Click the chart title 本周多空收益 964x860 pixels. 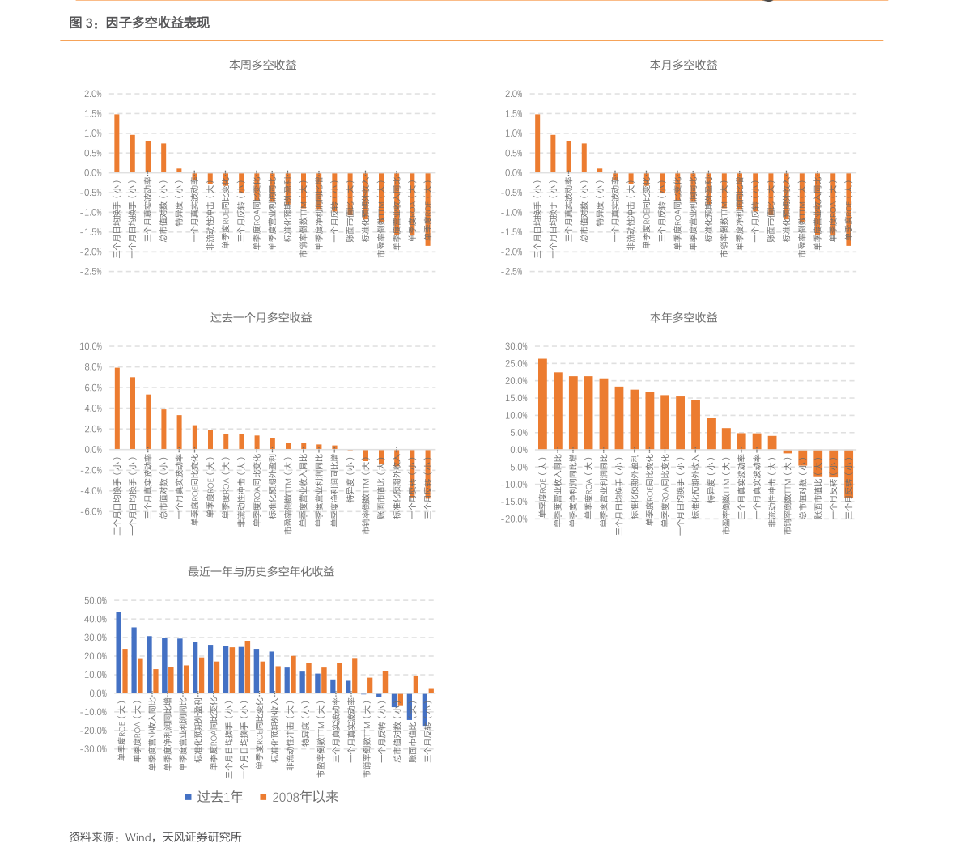point(262,65)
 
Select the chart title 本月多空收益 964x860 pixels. point(683,65)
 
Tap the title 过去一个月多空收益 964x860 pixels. point(261,318)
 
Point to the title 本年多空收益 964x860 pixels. point(683,318)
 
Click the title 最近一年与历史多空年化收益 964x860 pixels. point(261,572)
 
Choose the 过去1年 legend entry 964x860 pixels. point(214,797)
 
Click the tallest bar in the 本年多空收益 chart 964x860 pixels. point(542,404)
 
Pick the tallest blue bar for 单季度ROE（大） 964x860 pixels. point(118,652)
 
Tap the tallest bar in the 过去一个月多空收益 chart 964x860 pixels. point(117,409)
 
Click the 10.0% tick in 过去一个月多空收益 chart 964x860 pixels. point(90,346)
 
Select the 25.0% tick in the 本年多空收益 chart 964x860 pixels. point(516,364)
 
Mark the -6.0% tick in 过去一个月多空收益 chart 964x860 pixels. point(90,511)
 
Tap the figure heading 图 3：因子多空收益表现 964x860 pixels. point(139,23)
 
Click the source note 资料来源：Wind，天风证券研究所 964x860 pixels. point(155,837)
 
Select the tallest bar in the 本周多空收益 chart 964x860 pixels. point(117,143)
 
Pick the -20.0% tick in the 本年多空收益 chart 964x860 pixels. point(515,519)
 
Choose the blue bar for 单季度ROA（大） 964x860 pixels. point(134,660)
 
